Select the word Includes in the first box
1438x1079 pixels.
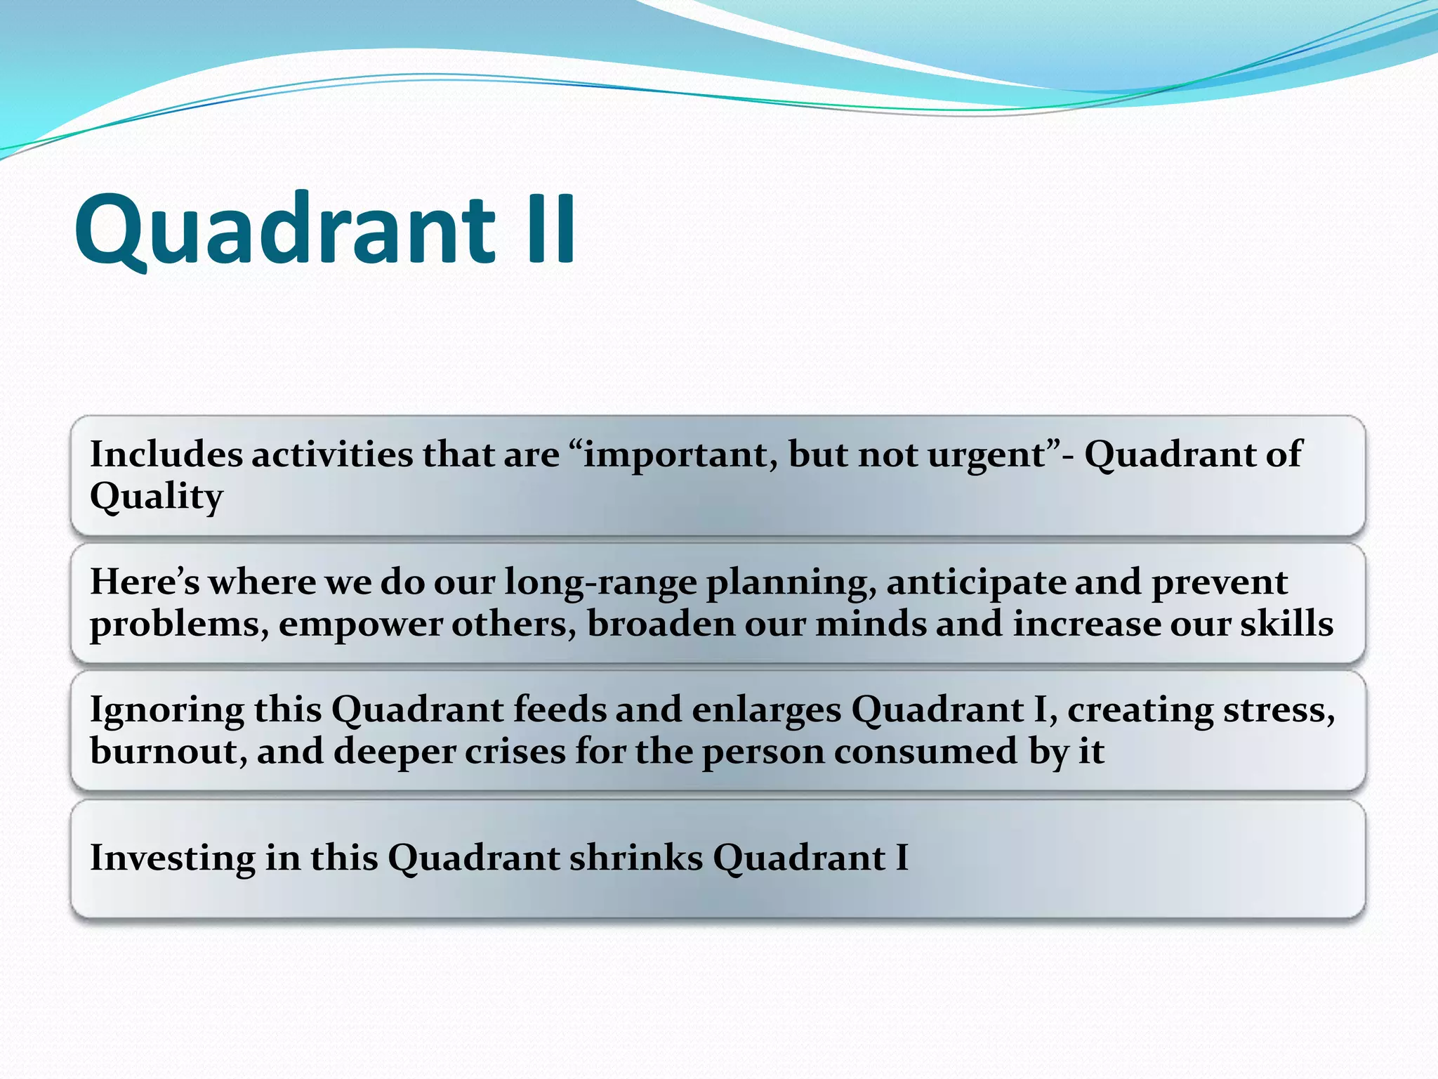[x=166, y=455]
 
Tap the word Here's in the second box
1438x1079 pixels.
[x=144, y=582]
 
